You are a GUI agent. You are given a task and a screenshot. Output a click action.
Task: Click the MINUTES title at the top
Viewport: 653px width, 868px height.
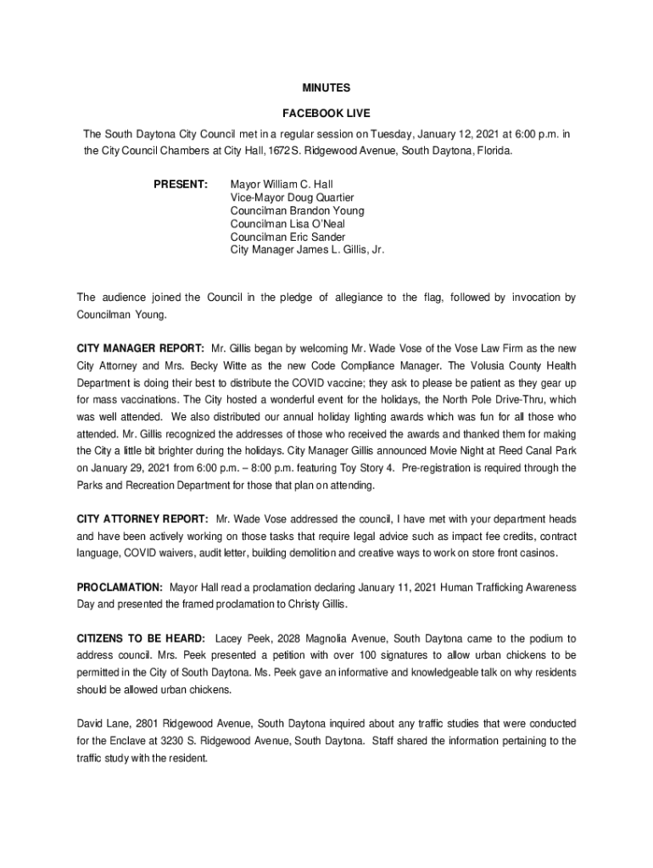(326, 87)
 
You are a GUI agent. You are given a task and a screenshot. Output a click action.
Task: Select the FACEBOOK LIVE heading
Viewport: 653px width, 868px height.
(326, 113)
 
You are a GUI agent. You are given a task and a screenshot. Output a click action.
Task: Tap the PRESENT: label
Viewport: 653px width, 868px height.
(181, 184)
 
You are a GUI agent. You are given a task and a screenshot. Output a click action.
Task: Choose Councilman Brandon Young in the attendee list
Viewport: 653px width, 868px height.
(293, 211)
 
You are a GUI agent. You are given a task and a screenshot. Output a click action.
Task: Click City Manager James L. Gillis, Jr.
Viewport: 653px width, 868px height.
(307, 251)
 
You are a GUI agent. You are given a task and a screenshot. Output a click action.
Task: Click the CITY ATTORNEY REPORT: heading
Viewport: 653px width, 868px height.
(142, 519)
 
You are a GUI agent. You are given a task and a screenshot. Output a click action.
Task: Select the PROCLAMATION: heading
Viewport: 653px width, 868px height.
(120, 587)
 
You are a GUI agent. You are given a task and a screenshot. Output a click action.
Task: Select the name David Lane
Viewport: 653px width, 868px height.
(104, 724)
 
